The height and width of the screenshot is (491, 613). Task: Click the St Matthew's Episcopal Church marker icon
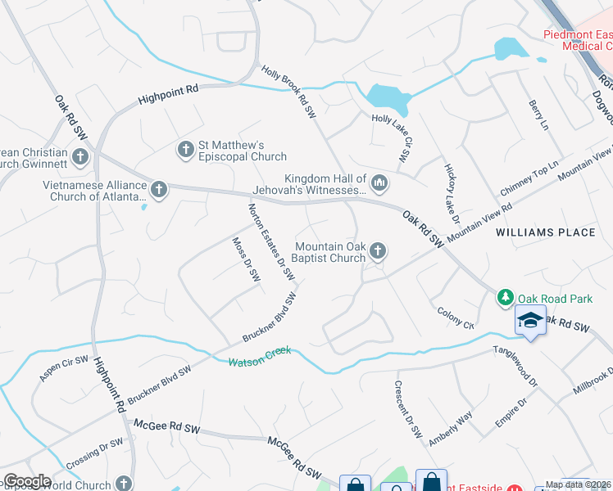point(186,148)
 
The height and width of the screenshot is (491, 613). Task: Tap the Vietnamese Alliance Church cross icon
point(159,190)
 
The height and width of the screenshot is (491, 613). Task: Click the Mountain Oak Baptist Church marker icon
point(377,250)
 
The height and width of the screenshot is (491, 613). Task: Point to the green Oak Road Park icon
point(506,295)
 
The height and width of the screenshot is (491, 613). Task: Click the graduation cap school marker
point(530,320)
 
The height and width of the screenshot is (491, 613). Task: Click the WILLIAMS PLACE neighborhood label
point(545,232)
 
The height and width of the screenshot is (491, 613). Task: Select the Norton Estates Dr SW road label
point(270,242)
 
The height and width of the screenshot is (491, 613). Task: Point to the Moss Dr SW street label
point(245,259)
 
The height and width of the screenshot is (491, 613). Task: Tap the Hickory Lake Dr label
point(452,189)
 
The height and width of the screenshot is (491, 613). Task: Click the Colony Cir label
point(456,318)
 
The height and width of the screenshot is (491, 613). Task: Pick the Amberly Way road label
point(451,428)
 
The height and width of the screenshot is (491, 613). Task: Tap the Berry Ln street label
point(538,115)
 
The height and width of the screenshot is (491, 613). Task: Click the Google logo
point(26,481)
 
